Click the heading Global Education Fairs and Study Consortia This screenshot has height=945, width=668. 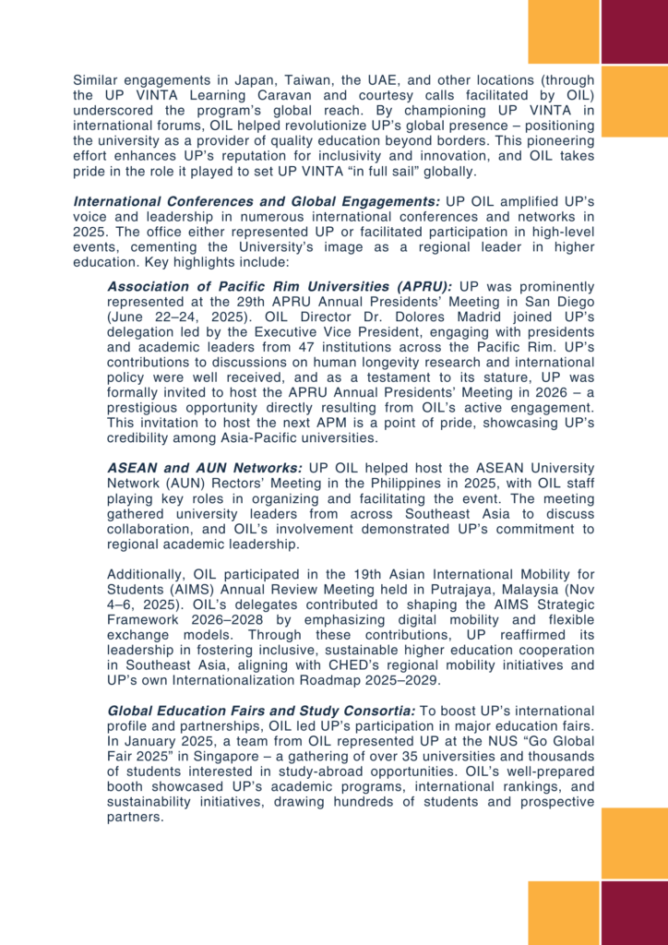pos(262,712)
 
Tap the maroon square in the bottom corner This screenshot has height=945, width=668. pos(634,913)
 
